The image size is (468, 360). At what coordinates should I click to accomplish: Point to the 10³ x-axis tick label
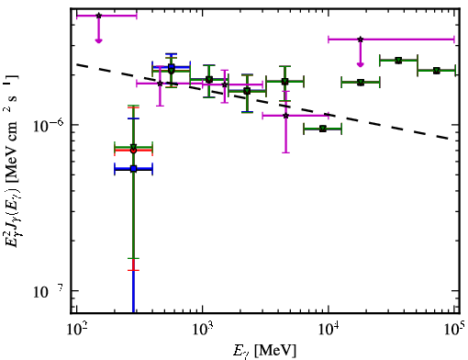202,330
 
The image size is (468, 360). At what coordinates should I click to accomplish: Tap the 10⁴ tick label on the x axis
329,330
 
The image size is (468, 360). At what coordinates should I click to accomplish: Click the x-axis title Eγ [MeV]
264,351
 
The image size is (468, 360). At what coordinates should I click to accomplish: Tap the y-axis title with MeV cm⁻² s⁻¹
12,162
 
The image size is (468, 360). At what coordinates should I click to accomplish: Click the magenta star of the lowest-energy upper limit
98,16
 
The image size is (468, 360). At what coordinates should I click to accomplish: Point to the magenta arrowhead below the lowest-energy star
98,40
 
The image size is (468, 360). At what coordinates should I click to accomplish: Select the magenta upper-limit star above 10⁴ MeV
361,39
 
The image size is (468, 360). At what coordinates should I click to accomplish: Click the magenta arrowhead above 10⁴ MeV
361,64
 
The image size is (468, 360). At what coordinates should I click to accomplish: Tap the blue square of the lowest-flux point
133,169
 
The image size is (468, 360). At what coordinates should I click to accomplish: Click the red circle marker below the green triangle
133,151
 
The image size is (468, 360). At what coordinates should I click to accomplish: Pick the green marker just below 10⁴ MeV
323,129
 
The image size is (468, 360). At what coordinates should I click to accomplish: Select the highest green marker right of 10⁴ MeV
398,61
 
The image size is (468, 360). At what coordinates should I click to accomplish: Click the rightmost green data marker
437,71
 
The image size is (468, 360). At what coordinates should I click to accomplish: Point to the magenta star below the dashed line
285,116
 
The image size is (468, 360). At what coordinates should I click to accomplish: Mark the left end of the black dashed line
76,64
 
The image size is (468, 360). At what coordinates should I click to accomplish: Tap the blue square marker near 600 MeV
172,67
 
